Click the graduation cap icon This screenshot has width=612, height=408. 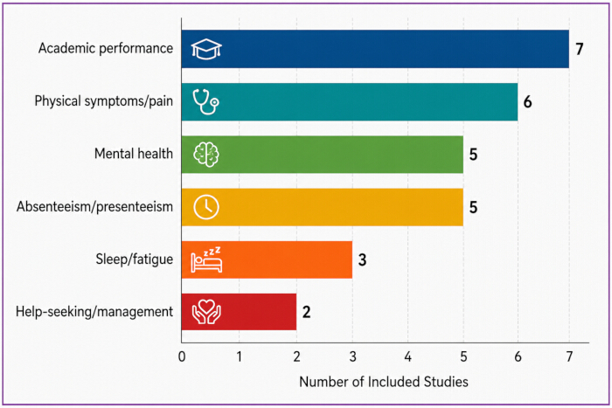click(206, 49)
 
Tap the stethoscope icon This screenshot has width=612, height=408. click(206, 102)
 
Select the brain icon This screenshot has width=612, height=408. click(206, 155)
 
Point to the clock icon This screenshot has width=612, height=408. click(206, 207)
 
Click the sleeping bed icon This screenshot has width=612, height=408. click(206, 259)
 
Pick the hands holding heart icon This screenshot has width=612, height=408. click(206, 312)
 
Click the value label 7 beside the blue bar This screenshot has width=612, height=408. click(580, 49)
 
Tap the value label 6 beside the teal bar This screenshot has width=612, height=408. click(527, 102)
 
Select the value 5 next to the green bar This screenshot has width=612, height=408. click(473, 155)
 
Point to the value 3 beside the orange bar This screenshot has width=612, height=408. click(362, 259)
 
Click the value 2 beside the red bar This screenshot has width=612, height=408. click(306, 312)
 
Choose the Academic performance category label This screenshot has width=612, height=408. click(106, 48)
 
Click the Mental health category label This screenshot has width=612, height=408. click(134, 154)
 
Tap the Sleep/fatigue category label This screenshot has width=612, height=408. click(135, 259)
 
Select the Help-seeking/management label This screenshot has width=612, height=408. click(94, 312)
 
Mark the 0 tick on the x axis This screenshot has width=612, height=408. click(182, 356)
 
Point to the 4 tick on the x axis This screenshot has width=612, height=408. click(408, 356)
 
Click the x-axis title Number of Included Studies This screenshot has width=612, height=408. click(384, 382)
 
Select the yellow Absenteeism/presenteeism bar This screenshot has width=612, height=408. click(323, 207)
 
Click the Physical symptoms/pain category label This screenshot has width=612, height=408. click(104, 101)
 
